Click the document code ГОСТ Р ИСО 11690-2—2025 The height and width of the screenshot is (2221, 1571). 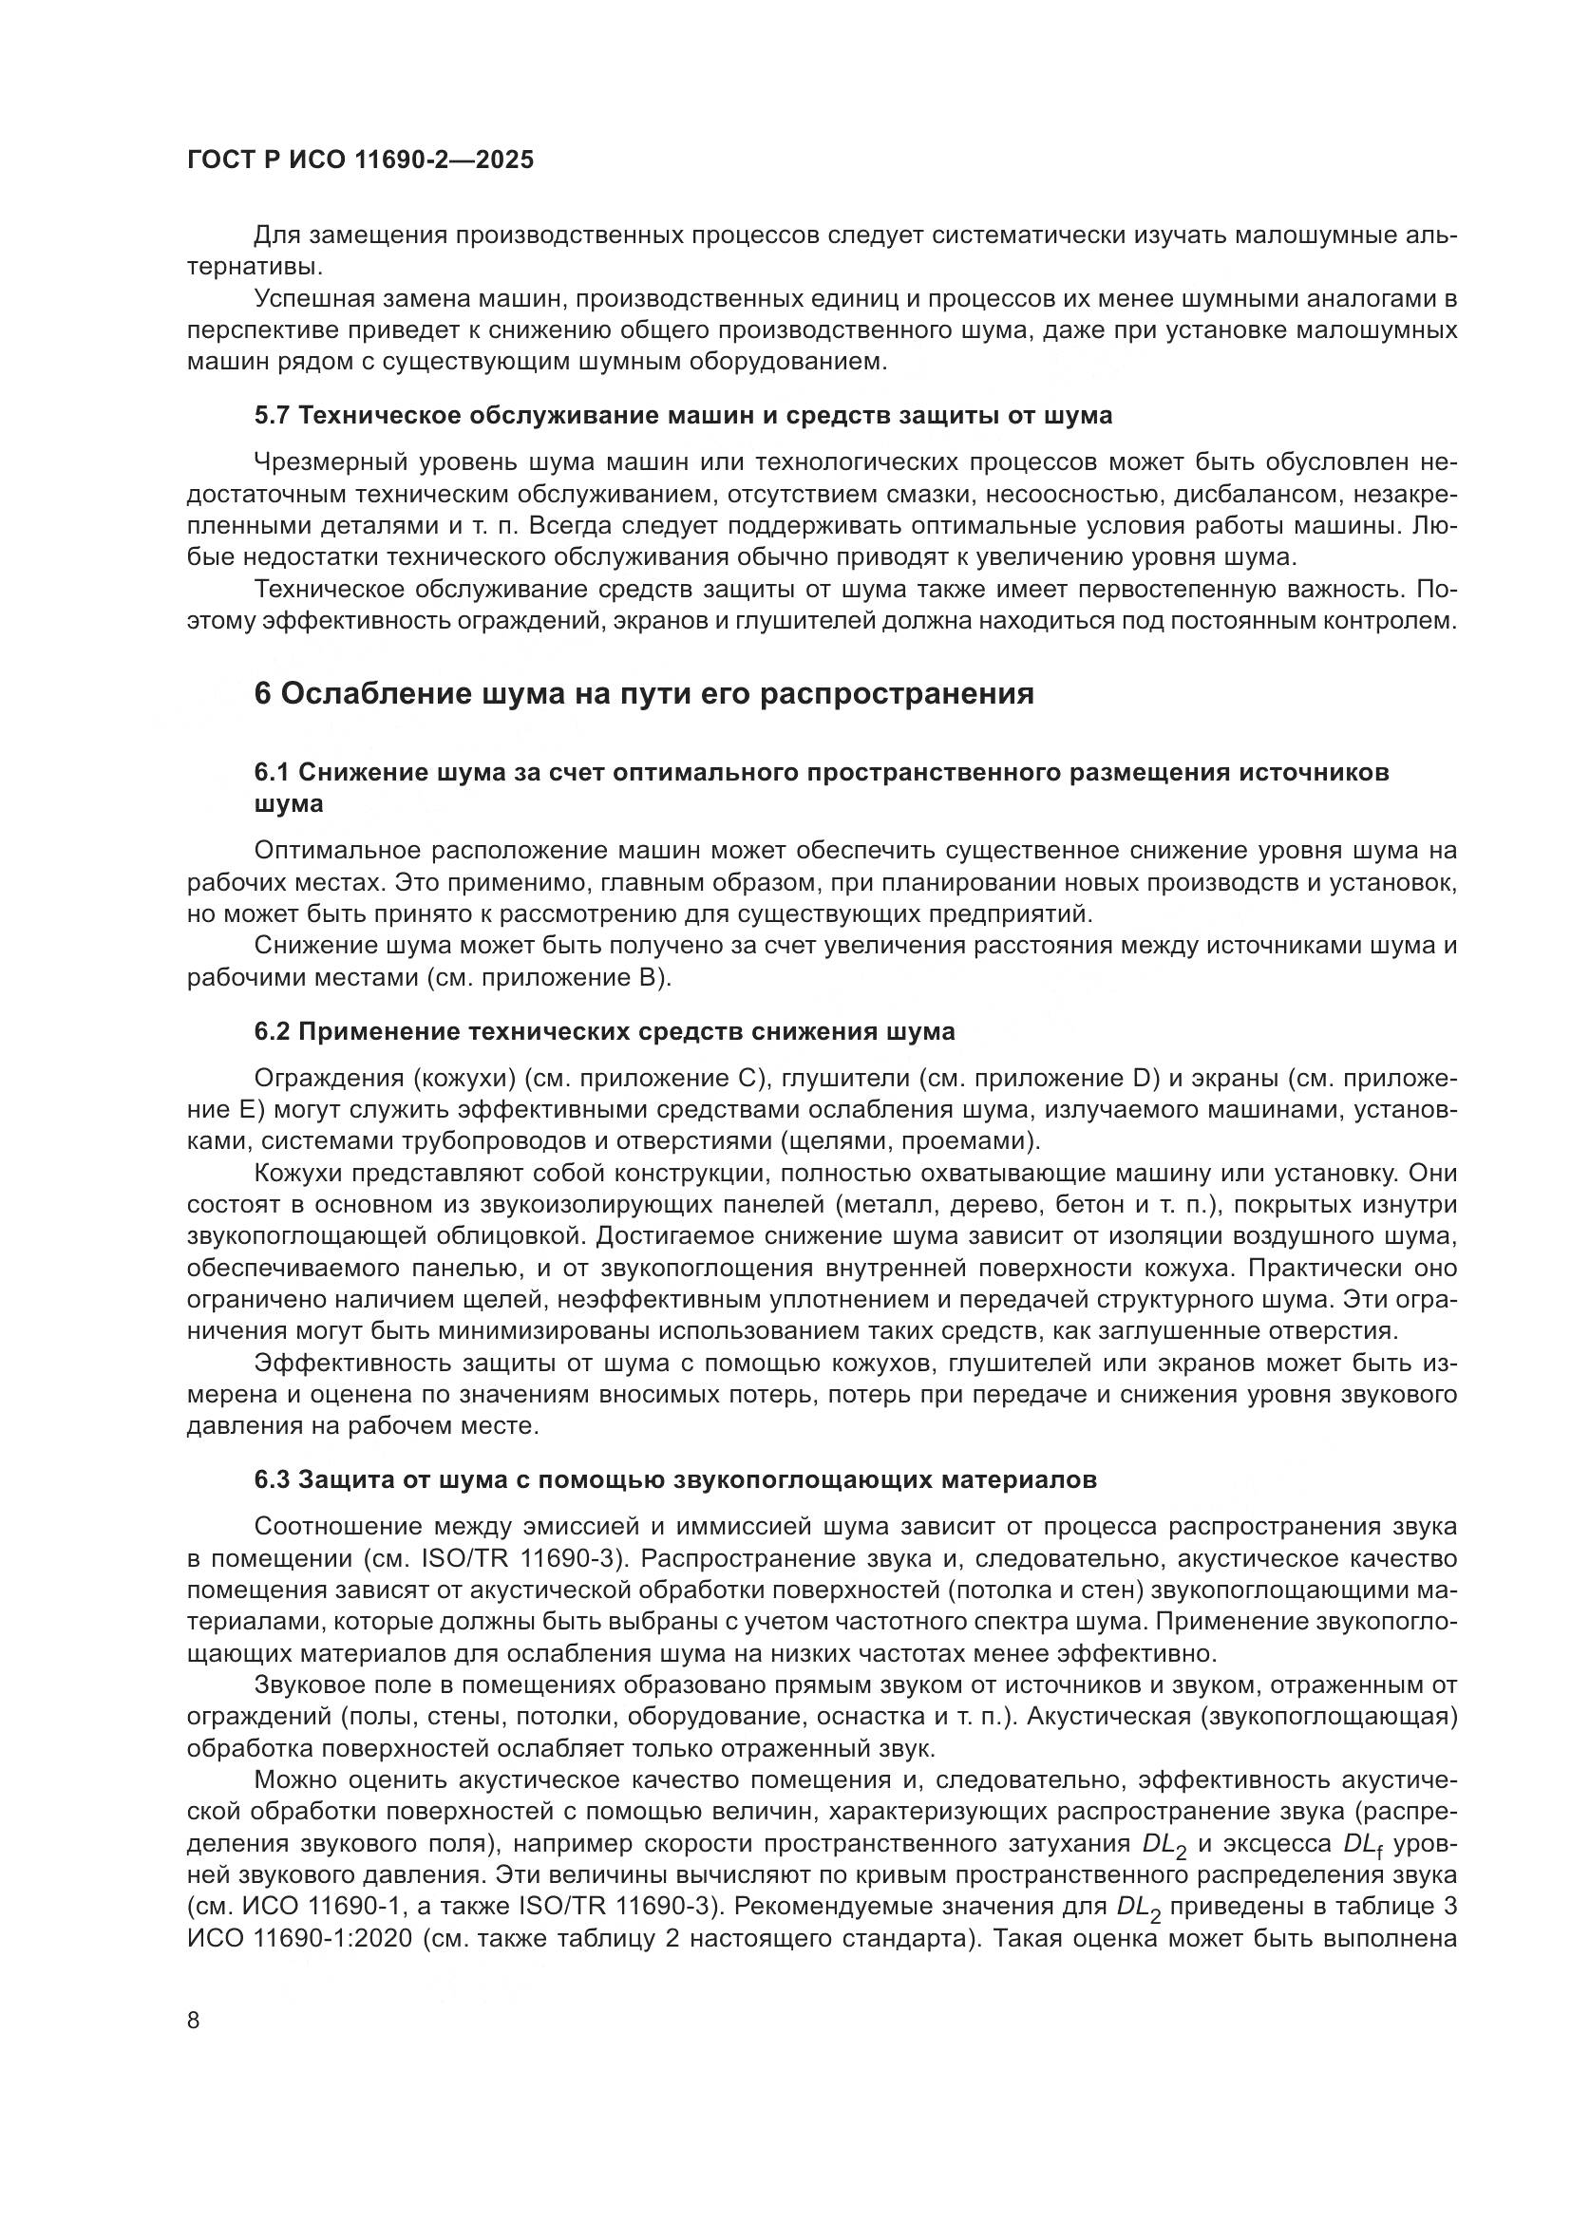(x=360, y=160)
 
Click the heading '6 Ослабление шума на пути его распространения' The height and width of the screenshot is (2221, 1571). (x=644, y=693)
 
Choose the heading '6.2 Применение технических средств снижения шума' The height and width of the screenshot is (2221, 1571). (x=605, y=1031)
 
